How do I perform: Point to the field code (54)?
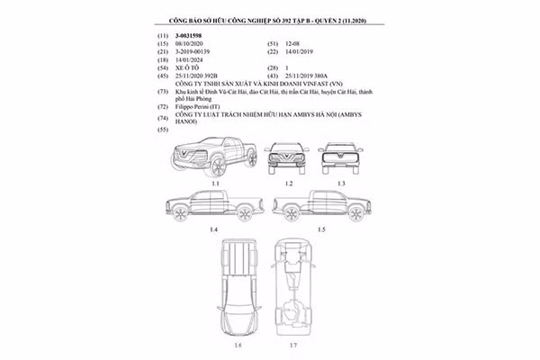click(x=164, y=67)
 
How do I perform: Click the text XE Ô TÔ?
click(x=191, y=67)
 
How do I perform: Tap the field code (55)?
click(x=164, y=131)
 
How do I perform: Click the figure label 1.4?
click(x=213, y=230)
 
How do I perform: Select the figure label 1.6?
click(x=238, y=345)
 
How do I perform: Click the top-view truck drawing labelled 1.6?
click(x=238, y=289)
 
